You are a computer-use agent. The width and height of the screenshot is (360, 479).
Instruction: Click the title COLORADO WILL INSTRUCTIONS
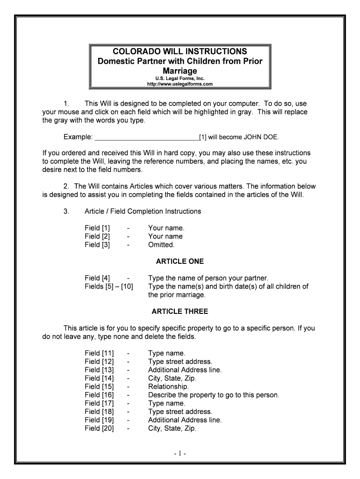pos(180,51)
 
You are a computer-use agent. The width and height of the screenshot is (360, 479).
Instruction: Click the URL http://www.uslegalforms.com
pos(180,84)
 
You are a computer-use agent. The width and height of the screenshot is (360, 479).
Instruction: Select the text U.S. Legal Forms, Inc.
pos(180,79)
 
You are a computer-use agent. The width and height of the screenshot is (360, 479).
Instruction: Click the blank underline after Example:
pos(146,137)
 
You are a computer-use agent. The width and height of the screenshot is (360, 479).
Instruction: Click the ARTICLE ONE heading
pos(180,261)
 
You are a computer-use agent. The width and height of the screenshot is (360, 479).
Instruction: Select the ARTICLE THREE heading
pos(180,312)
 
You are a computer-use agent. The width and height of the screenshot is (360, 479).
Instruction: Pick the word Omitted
pos(161,245)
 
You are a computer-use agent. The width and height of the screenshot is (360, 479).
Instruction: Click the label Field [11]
pos(99,353)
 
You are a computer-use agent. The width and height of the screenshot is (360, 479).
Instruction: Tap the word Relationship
pos(168,387)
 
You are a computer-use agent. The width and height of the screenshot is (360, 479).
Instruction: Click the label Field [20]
pos(99,428)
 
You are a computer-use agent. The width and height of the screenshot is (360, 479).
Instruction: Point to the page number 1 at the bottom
pos(180,454)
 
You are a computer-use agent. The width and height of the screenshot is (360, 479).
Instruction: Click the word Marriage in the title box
pos(180,71)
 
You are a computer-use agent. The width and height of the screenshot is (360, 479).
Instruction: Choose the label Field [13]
pos(99,370)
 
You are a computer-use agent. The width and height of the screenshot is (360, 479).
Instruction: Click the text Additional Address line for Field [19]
pos(185,420)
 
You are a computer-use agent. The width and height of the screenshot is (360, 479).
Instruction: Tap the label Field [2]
pos(97,236)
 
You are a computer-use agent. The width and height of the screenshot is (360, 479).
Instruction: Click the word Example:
pos(78,137)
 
